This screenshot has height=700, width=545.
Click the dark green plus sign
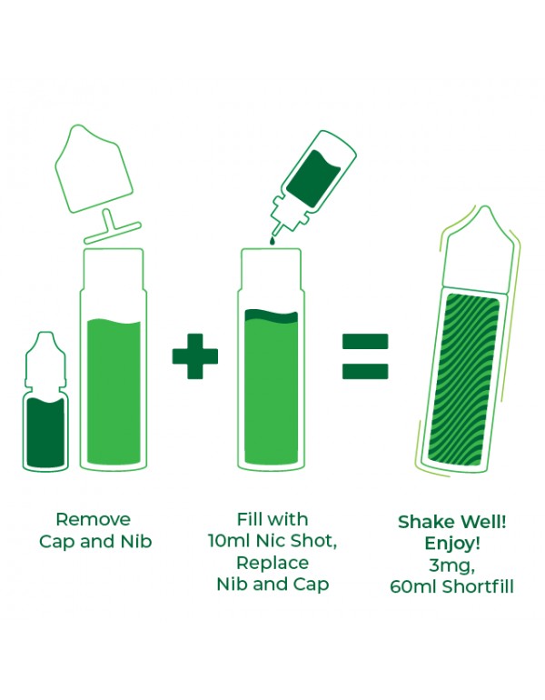tap(195, 356)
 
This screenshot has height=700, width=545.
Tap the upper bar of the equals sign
tap(365, 342)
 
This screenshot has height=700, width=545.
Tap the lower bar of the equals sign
tap(365, 372)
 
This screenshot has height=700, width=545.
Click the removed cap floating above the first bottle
tap(94, 170)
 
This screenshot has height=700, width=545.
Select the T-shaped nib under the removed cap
tap(113, 228)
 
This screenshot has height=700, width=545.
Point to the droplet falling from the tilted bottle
tap(272, 241)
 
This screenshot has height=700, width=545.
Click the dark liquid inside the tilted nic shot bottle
tap(313, 179)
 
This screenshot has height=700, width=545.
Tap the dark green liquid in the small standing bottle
tap(45, 432)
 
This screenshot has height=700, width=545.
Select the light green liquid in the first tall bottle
tap(114, 392)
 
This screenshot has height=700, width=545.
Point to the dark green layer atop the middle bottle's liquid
tap(272, 315)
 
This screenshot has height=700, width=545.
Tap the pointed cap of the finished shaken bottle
tap(479, 248)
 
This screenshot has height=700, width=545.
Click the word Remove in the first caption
tap(94, 519)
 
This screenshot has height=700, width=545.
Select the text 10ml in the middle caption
tap(230, 541)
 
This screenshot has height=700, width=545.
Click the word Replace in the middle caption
tap(272, 563)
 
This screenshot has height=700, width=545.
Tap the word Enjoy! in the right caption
tap(452, 544)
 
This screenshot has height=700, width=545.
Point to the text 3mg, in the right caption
tap(451, 565)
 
